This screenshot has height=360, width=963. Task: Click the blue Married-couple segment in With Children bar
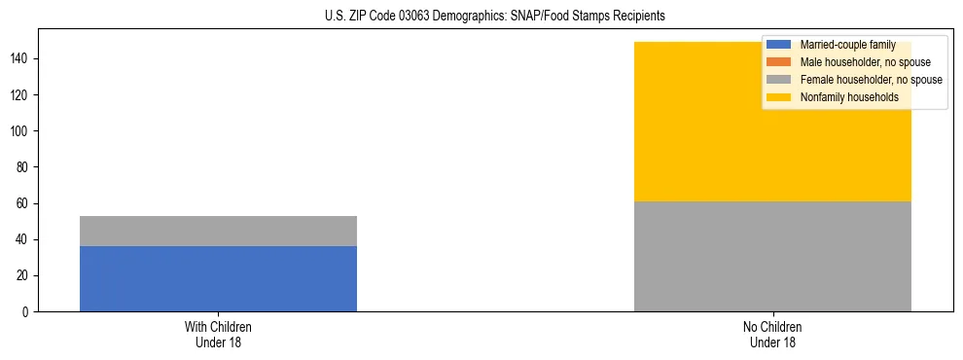pos(218,278)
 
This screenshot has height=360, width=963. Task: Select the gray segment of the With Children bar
pos(218,231)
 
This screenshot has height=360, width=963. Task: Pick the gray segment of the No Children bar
pos(772,256)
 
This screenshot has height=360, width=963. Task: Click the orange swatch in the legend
pos(779,62)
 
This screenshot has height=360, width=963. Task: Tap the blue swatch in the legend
pos(779,45)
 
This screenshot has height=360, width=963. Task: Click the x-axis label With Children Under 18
pos(218,334)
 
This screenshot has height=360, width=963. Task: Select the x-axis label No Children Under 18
pos(772,334)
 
